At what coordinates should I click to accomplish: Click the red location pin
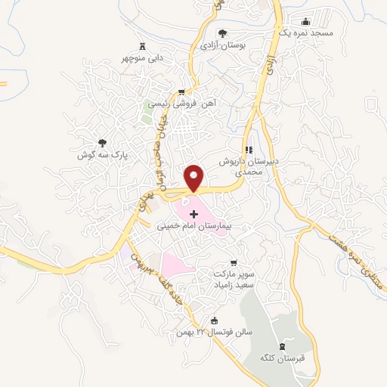click(x=195, y=178)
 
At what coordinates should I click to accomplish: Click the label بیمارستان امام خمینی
click(x=193, y=226)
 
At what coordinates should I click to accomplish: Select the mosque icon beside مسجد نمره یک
click(x=305, y=21)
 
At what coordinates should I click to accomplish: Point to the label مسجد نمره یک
click(x=303, y=34)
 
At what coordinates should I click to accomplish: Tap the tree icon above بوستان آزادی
click(x=223, y=32)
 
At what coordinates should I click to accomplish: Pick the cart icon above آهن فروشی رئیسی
click(x=180, y=93)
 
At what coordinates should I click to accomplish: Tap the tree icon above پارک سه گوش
click(x=101, y=142)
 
